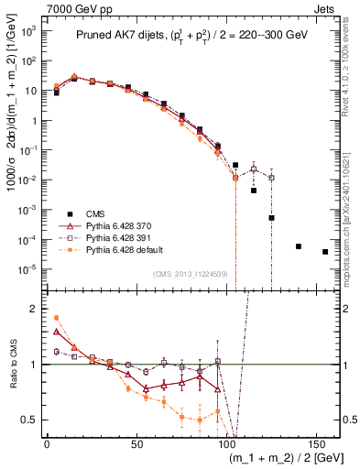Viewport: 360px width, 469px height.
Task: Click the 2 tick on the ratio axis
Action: [x=33, y=309]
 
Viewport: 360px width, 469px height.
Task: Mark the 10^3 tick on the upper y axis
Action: [x=28, y=31]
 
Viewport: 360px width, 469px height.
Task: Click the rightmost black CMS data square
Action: [x=325, y=252]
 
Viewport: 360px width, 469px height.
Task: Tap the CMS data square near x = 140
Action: [x=299, y=246]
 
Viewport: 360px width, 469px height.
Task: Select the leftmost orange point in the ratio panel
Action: [x=57, y=318]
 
